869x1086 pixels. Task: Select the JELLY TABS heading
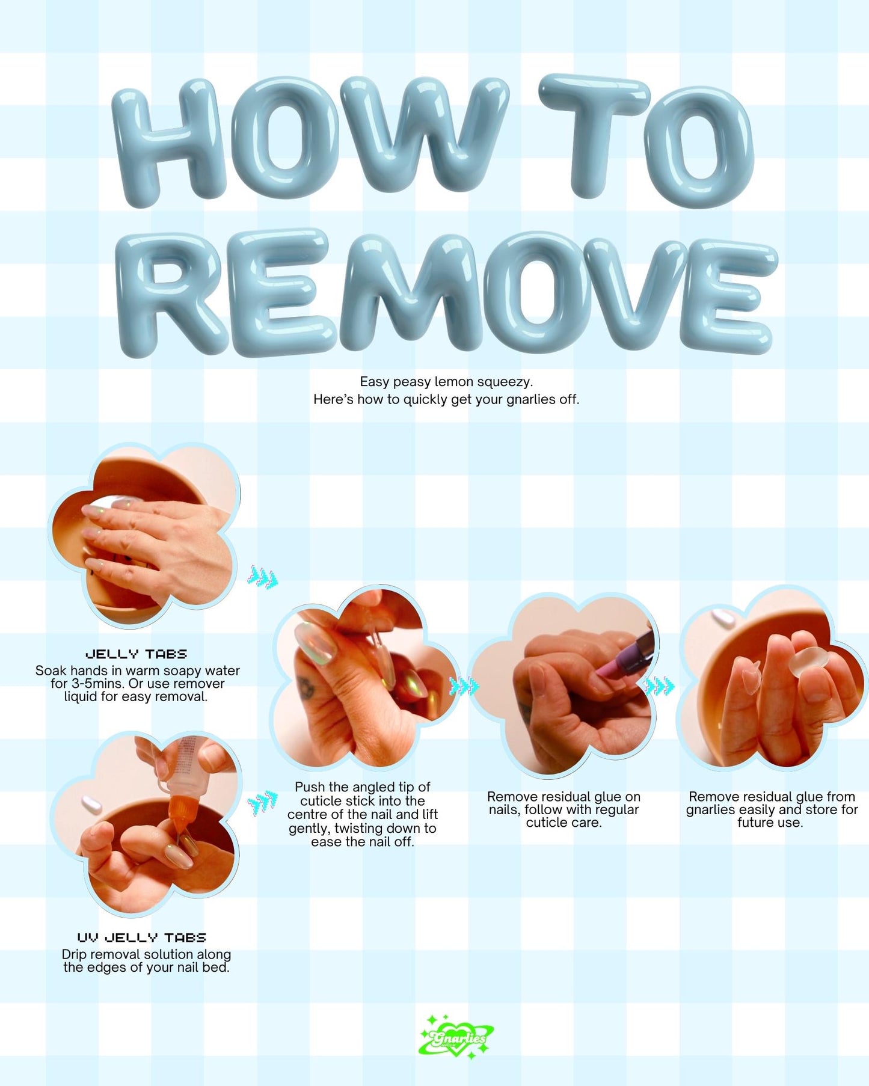pos(137,654)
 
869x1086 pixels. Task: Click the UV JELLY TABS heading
pos(142,937)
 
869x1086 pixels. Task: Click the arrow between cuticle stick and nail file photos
pos(464,686)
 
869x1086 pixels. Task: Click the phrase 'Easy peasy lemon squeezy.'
pos(446,382)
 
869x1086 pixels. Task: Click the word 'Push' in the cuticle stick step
pos(309,787)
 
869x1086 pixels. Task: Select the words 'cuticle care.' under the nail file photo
pos(563,823)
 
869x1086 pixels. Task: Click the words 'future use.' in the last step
pos(770,823)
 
